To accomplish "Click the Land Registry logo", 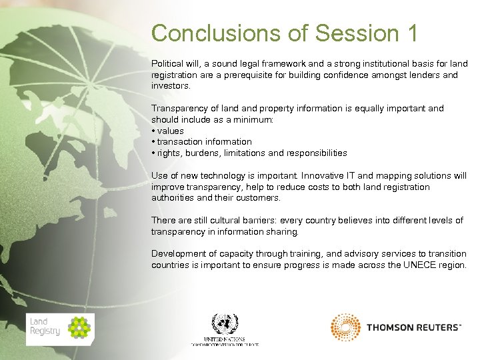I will tap(60, 329).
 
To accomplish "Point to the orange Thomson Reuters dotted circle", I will tap(345, 327).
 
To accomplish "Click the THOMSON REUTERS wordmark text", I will tap(413, 327).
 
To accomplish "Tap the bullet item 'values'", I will tap(171, 131).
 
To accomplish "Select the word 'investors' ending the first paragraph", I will tap(171, 87).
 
